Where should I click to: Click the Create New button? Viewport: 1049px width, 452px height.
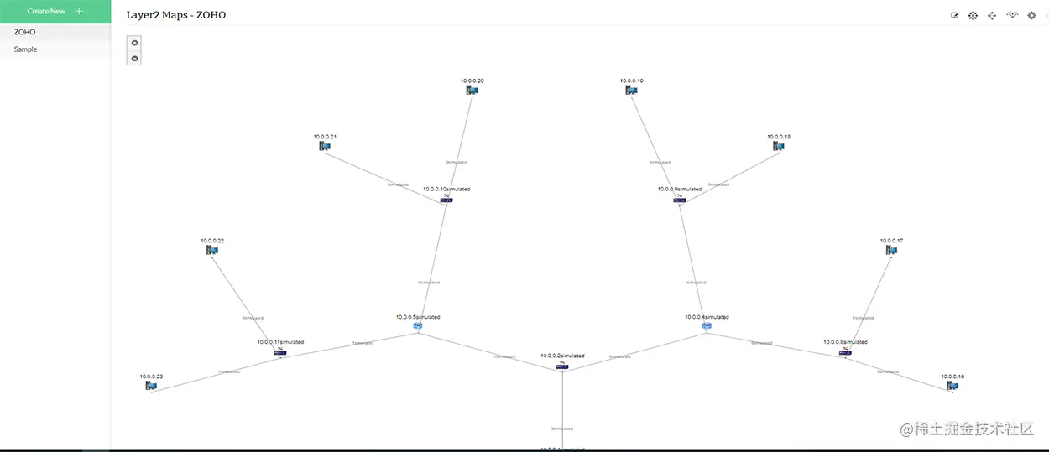click(55, 11)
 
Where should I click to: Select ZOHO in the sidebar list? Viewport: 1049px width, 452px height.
click(25, 32)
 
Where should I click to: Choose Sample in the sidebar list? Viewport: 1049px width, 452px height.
click(26, 49)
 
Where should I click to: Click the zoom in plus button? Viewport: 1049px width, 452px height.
click(135, 43)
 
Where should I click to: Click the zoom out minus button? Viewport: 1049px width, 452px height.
click(135, 59)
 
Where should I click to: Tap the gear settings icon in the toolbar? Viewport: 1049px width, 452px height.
click(1031, 15)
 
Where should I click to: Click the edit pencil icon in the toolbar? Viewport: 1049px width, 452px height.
click(954, 15)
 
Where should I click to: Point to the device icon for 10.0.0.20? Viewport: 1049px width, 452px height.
click(472, 90)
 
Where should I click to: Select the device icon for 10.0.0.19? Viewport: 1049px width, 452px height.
click(632, 90)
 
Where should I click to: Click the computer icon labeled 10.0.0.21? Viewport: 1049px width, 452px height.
click(325, 146)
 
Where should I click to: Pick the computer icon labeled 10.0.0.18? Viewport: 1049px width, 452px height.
click(779, 146)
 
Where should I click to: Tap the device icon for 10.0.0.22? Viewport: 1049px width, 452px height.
click(212, 250)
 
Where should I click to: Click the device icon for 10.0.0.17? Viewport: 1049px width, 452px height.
click(891, 250)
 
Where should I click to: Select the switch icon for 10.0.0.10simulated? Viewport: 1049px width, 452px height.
click(446, 199)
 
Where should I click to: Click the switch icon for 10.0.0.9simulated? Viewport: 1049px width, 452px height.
click(680, 199)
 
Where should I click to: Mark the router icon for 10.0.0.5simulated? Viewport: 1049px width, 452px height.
click(418, 325)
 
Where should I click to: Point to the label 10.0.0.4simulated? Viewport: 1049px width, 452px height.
click(707, 317)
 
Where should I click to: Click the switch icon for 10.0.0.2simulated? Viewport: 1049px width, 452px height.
click(562, 366)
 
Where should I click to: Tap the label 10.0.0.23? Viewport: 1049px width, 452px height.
click(151, 377)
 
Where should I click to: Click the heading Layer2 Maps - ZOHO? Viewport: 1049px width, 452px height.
click(176, 15)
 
